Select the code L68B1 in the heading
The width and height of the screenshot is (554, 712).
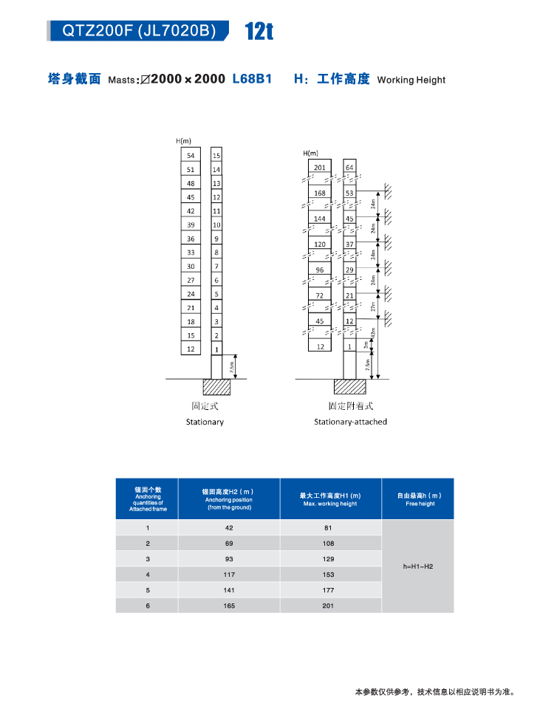pyautogui.click(x=253, y=78)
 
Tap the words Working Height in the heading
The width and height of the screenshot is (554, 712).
pyautogui.click(x=411, y=80)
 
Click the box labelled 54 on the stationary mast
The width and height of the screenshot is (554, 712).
pyautogui.click(x=191, y=155)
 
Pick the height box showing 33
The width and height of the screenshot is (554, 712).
pyautogui.click(x=191, y=253)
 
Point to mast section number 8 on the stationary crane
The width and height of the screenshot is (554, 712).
pyautogui.click(x=216, y=253)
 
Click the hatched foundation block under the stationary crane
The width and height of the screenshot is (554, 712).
pyautogui.click(x=217, y=387)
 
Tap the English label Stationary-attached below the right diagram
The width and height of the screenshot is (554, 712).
pyautogui.click(x=350, y=422)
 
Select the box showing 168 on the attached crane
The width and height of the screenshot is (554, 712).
pyautogui.click(x=320, y=194)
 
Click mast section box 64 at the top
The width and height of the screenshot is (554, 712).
pyautogui.click(x=350, y=168)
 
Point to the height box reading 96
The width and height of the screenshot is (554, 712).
pyautogui.click(x=320, y=270)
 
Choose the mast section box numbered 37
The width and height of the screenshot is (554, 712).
pyautogui.click(x=350, y=244)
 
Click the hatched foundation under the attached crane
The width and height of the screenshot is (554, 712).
pyautogui.click(x=350, y=386)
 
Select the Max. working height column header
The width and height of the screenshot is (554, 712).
pyautogui.click(x=330, y=499)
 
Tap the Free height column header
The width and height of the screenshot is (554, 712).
pyautogui.click(x=420, y=499)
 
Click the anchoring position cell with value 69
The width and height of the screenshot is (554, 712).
pyautogui.click(x=229, y=544)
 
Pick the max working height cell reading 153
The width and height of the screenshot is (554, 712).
pyautogui.click(x=329, y=575)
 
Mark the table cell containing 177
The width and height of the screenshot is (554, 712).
pyautogui.click(x=329, y=590)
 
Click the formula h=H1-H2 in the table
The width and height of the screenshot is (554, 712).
pyautogui.click(x=418, y=566)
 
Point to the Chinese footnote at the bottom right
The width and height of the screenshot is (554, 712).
pyautogui.click(x=434, y=692)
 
